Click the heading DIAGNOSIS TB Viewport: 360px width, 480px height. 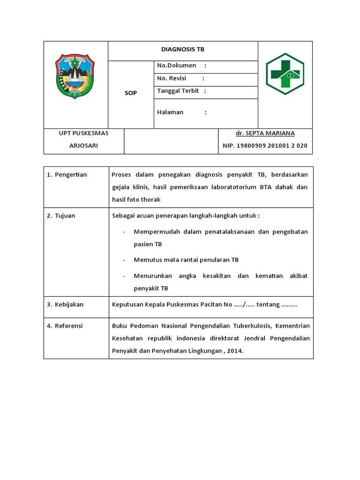tap(183, 50)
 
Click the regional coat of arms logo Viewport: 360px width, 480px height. tap(75, 76)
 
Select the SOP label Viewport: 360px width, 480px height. tap(131, 93)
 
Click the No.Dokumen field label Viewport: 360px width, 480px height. tap(176, 66)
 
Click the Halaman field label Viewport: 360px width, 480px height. tap(170, 112)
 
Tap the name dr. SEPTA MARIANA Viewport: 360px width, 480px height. tap(265, 134)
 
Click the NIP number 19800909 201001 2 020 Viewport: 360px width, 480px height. tap(265, 146)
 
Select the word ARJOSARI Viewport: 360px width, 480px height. tap(83, 146)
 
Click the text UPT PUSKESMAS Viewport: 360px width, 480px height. tap(83, 133)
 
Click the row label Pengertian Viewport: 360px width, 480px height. tap(71, 175)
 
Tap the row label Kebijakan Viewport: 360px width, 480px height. tap(69, 305)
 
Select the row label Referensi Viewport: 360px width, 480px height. tap(68, 326)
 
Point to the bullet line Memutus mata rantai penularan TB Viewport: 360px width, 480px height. tap(186, 260)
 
